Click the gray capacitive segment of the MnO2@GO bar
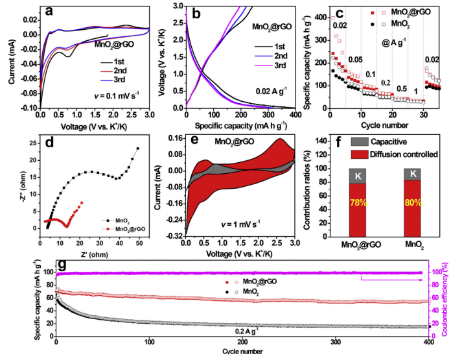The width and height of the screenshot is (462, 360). tap(354, 175)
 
